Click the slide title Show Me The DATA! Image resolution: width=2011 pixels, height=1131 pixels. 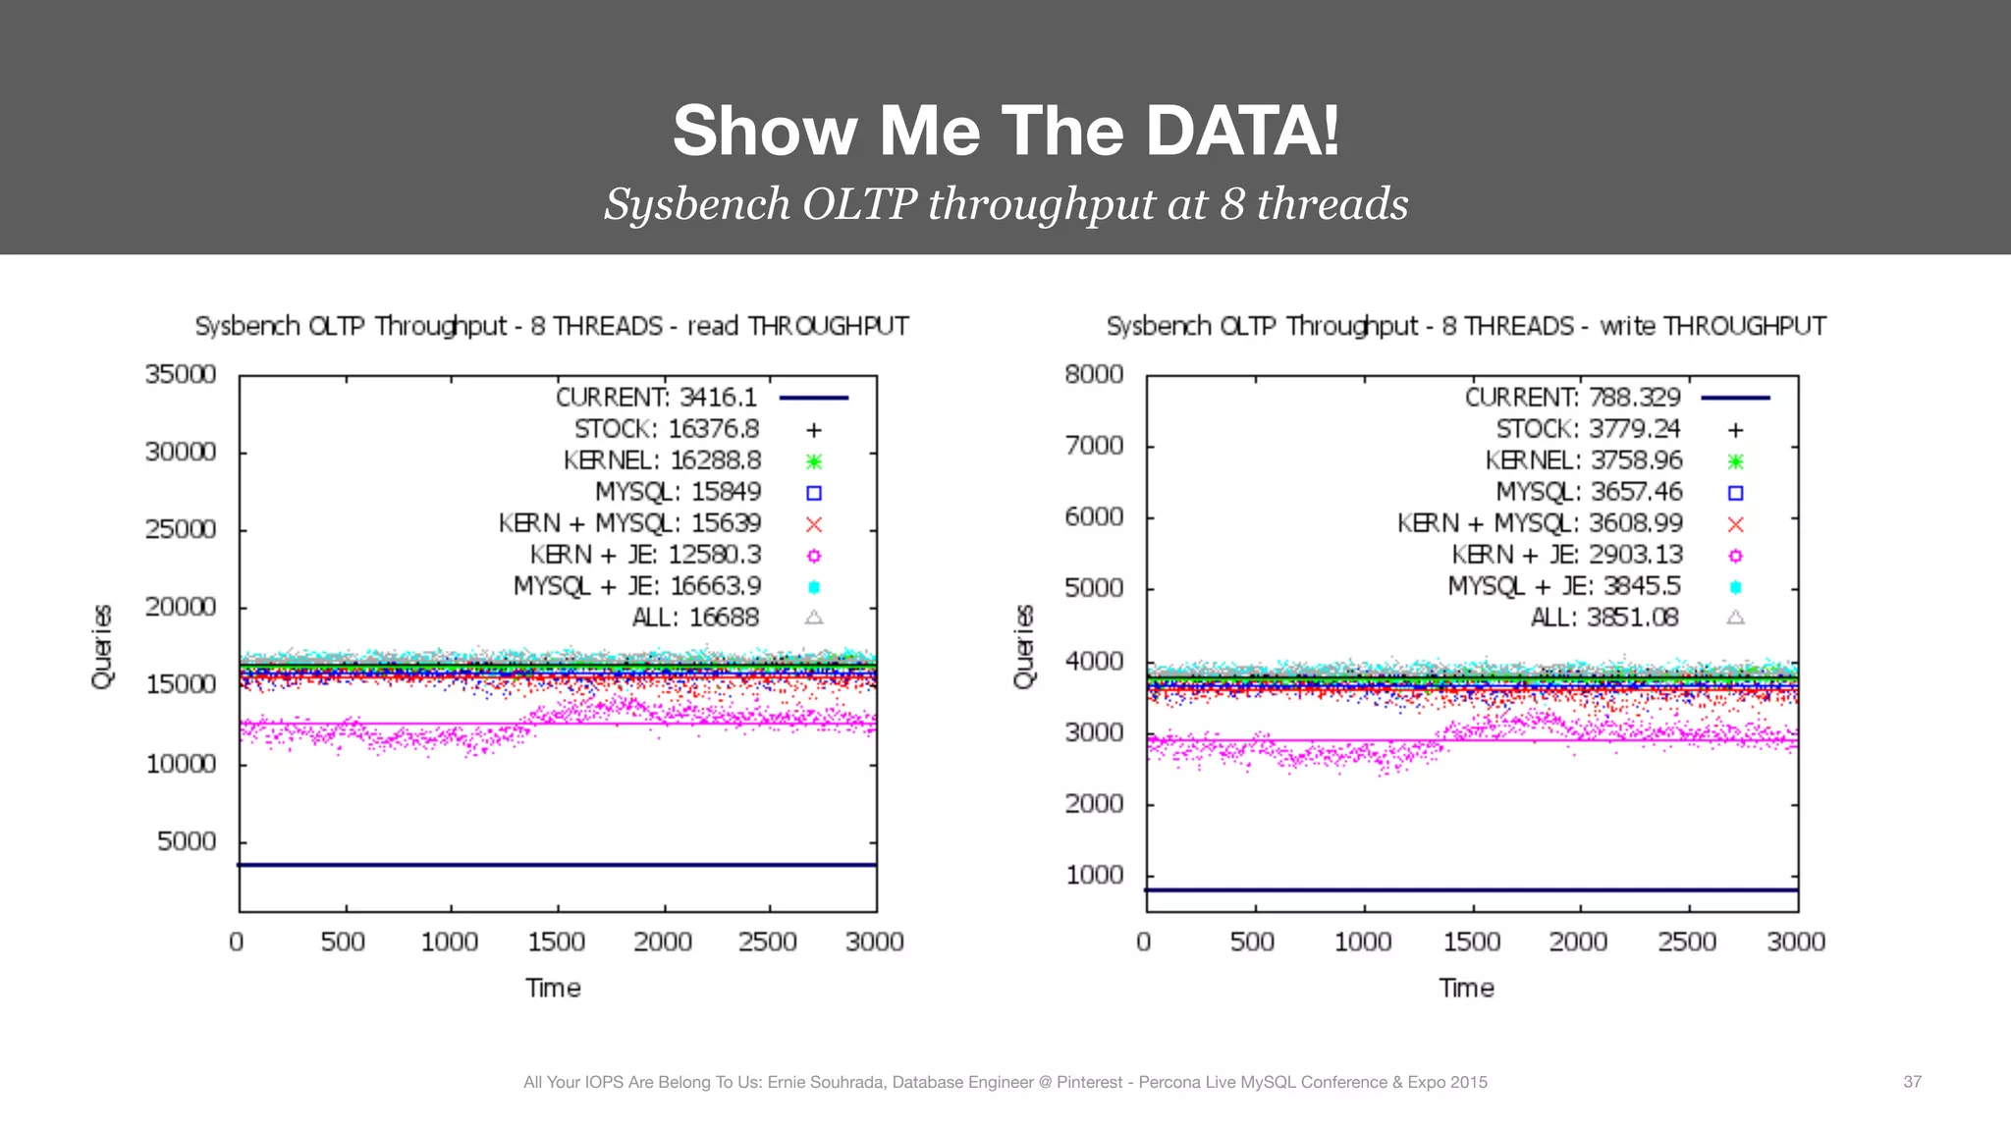[x=1005, y=131]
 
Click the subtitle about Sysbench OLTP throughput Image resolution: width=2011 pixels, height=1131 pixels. [x=1005, y=204]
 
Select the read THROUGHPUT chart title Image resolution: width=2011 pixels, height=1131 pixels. [x=552, y=326]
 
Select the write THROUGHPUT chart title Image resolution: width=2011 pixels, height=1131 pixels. [x=1466, y=326]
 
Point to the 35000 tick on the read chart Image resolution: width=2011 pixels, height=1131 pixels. [x=181, y=374]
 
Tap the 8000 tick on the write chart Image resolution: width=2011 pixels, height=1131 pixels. [x=1094, y=374]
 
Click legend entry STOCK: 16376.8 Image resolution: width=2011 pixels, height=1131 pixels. [x=667, y=429]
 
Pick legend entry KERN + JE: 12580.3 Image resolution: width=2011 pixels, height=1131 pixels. [x=645, y=555]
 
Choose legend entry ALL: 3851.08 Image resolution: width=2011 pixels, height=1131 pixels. [x=1604, y=618]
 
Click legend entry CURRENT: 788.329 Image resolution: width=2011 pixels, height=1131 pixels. [x=1572, y=398]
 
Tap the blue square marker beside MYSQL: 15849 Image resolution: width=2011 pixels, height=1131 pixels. [x=814, y=493]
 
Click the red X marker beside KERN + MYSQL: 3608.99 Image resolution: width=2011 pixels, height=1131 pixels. [x=1735, y=524]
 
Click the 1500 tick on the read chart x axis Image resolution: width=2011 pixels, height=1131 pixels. [x=556, y=942]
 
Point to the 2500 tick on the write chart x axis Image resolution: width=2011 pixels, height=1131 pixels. [x=1687, y=942]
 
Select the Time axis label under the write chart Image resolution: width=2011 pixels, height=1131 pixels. [x=1466, y=988]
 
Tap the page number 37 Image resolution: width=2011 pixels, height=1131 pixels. [x=1912, y=1081]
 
